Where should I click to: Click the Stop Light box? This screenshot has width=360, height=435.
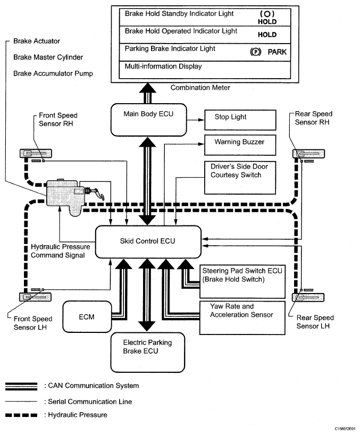click(x=240, y=120)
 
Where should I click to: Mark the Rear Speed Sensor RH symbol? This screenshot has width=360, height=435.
click(x=306, y=154)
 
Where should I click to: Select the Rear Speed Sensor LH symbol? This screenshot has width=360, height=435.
click(x=306, y=296)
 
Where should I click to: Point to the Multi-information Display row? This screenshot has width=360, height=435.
click(x=202, y=68)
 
